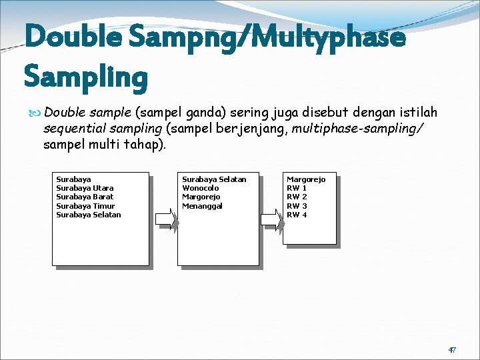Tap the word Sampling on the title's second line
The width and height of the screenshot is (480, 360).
click(85, 77)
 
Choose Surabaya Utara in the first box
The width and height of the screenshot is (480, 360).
click(85, 188)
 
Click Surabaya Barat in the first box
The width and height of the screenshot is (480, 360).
click(85, 197)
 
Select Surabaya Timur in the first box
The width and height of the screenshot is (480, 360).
click(85, 206)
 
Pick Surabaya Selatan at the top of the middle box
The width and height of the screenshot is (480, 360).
click(214, 179)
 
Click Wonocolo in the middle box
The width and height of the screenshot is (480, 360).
click(200, 188)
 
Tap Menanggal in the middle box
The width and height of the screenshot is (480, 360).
click(202, 206)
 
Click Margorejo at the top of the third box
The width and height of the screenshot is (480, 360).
click(306, 179)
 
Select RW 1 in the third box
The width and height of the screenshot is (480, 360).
click(297, 188)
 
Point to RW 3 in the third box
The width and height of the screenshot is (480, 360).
click(297, 206)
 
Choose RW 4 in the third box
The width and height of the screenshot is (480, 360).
click(297, 215)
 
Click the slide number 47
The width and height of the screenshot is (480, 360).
click(451, 349)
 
